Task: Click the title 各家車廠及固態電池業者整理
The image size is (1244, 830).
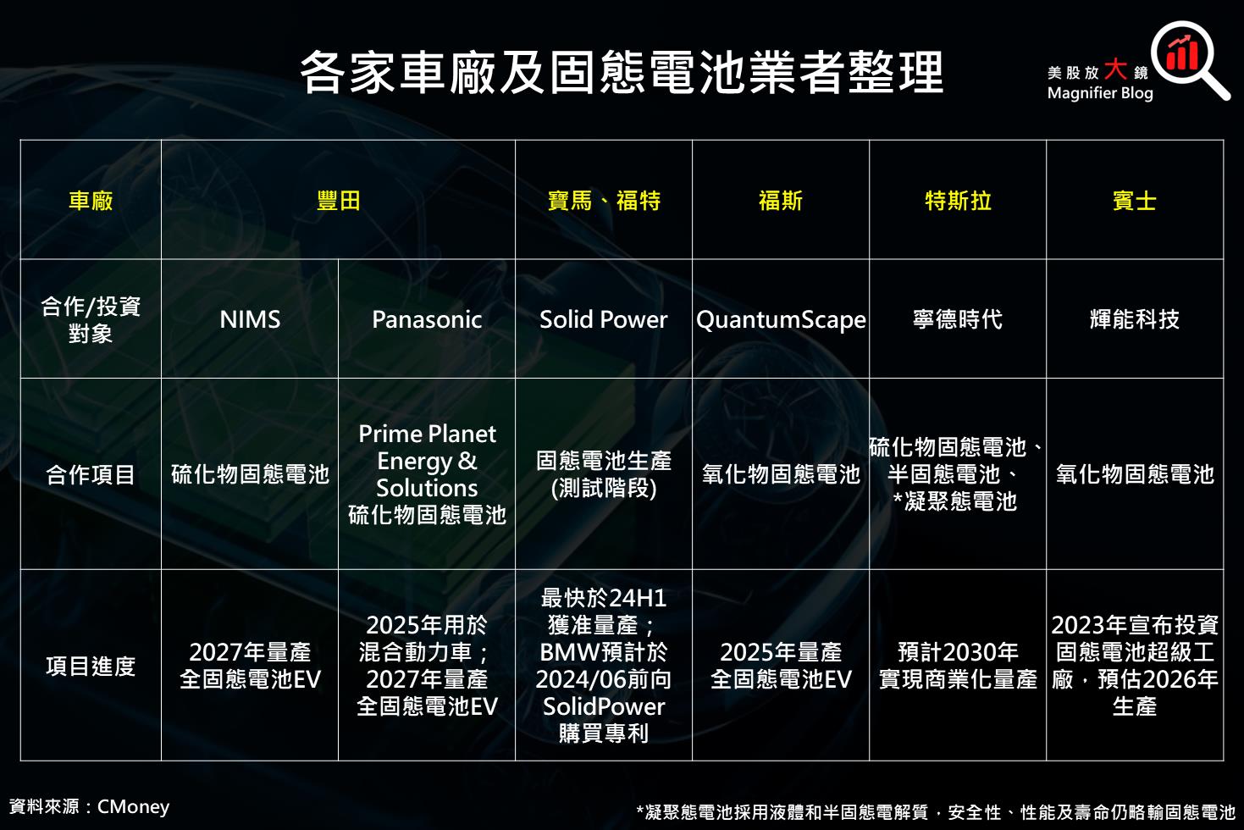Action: point(622,73)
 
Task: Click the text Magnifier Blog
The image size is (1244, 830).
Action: point(1099,93)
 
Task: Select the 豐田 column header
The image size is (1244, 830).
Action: point(338,201)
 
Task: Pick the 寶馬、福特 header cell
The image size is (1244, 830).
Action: point(604,201)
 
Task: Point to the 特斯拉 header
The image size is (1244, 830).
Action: point(958,201)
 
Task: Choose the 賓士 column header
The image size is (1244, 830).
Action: point(1135,201)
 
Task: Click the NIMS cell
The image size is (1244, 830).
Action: point(250,319)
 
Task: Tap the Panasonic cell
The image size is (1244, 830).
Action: point(427,319)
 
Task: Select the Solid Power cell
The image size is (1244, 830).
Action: point(604,319)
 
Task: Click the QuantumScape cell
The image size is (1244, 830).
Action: point(781,320)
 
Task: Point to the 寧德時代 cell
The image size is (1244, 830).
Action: point(958,319)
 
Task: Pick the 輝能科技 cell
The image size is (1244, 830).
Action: point(1135,319)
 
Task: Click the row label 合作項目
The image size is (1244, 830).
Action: point(91,474)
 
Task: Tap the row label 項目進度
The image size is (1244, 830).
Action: point(91,666)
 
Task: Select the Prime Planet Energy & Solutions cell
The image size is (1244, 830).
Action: point(427,474)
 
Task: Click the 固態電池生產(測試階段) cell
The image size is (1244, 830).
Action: point(604,474)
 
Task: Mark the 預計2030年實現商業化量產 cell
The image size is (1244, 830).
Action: point(958,666)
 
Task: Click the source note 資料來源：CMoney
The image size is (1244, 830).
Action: point(89,806)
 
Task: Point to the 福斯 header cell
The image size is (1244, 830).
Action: point(781,201)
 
